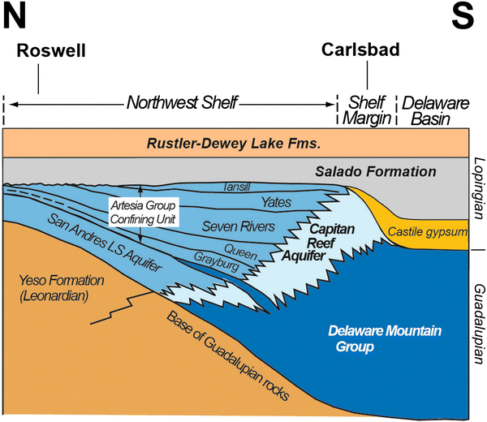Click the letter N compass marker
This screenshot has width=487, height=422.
pos(17,18)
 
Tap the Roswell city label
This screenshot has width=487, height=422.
pos(50,51)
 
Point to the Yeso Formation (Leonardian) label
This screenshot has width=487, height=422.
pos(58,291)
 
